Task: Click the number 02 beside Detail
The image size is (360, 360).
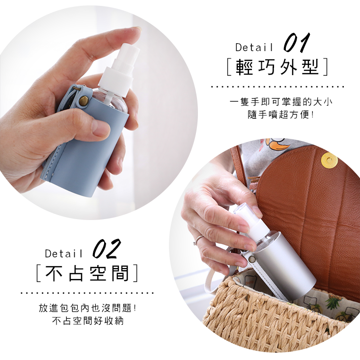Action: pyautogui.click(x=106, y=249)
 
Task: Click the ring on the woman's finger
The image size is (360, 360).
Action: pyautogui.click(x=198, y=240)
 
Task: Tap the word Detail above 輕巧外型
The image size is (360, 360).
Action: pyautogui.click(x=254, y=48)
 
